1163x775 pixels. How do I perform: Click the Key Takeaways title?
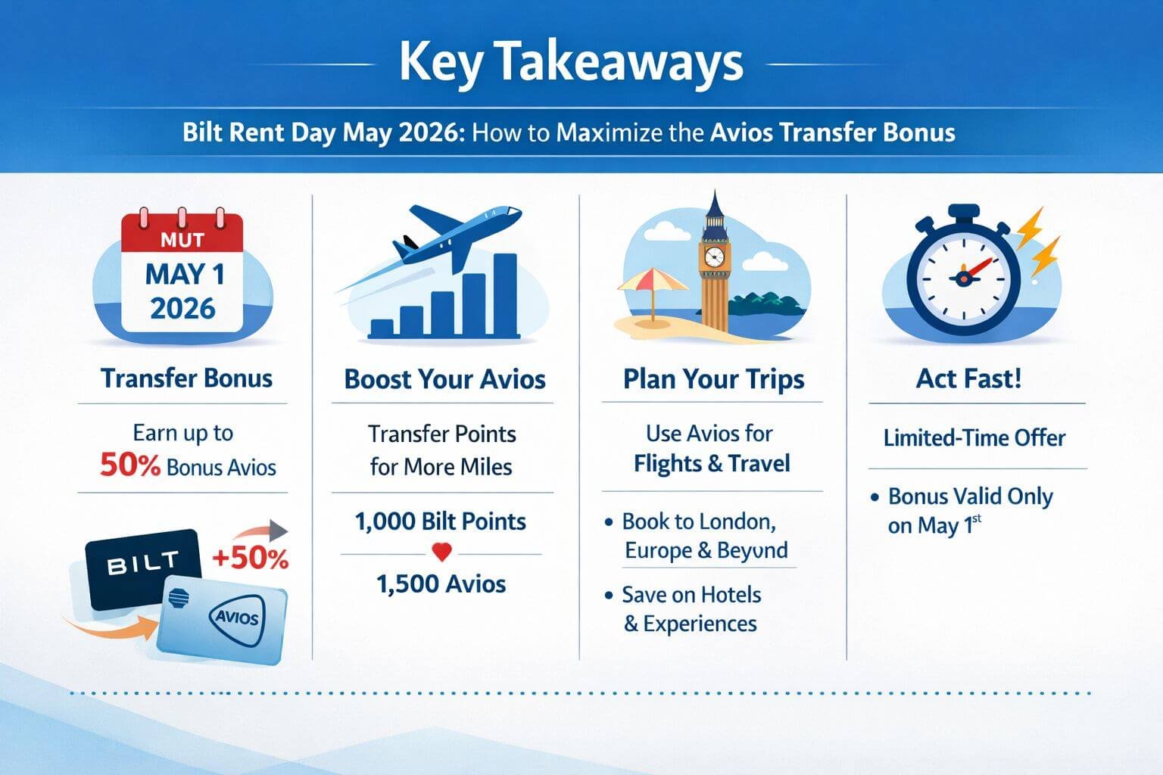tap(571, 62)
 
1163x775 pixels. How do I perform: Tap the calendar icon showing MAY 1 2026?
tap(183, 276)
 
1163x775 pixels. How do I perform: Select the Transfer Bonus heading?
tap(186, 378)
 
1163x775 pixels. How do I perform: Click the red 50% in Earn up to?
tap(129, 465)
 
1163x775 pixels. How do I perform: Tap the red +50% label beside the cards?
tap(251, 559)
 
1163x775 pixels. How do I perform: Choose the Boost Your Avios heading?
tap(444, 378)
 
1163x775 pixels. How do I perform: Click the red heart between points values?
tap(441, 553)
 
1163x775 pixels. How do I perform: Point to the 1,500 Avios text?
tap(441, 584)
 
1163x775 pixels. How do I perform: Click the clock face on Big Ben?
tap(713, 257)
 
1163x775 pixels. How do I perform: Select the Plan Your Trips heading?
tap(713, 378)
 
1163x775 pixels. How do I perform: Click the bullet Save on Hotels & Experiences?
tap(691, 608)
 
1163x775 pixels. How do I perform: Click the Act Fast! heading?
tap(968, 378)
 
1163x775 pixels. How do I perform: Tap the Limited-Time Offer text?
tap(974, 437)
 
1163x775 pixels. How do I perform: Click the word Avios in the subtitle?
tap(741, 132)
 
